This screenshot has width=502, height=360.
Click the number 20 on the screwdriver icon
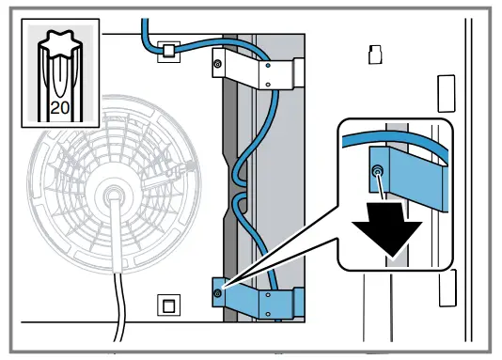click(58, 107)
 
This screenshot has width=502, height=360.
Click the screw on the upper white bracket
click(217, 64)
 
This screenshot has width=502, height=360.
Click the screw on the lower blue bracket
click(218, 293)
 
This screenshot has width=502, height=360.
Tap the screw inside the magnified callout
click(376, 171)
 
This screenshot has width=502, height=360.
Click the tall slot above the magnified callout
click(443, 92)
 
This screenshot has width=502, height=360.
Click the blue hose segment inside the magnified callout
click(395, 143)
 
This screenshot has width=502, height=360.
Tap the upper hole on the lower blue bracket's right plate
click(269, 292)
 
